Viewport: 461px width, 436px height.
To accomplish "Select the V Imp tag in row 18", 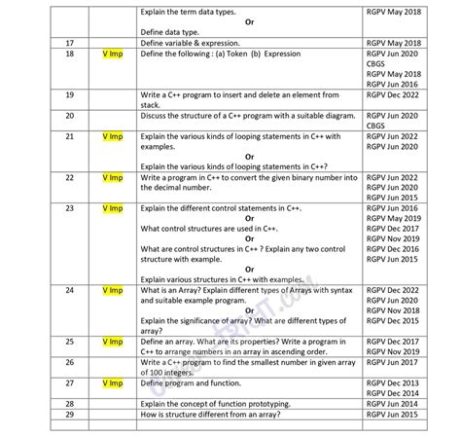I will point(112,55).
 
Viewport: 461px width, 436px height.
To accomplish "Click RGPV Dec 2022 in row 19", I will point(393,94).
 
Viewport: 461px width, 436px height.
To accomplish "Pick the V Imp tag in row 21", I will point(112,137).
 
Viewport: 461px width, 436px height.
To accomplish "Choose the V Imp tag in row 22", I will point(112,178).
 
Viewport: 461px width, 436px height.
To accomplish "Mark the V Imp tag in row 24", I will point(112,291).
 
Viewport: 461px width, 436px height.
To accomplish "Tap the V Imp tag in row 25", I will point(112,342).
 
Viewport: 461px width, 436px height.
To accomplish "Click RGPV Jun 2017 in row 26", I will point(393,362).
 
